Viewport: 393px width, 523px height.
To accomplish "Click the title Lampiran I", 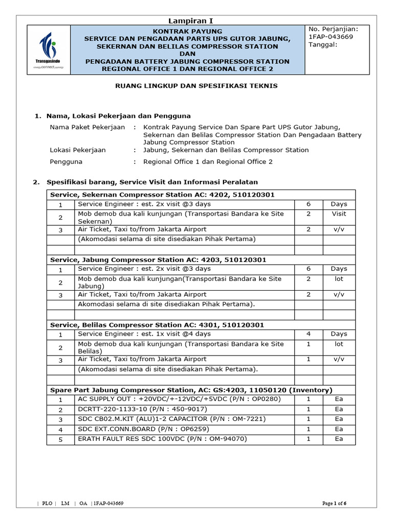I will click(190, 20).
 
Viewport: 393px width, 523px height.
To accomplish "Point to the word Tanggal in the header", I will click(322, 45).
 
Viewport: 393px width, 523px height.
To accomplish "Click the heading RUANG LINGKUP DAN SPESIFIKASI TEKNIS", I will click(195, 86).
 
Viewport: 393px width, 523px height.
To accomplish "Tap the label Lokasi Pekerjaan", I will click(78, 150).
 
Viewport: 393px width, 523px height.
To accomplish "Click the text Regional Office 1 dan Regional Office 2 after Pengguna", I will click(208, 162).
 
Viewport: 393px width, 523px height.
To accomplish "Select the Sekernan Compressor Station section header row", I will click(162, 195).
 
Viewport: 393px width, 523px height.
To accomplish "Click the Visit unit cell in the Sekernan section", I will click(338, 214).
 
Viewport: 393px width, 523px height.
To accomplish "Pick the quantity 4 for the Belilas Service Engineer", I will click(309, 334).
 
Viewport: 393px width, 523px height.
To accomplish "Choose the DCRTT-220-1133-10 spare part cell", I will click(142, 409).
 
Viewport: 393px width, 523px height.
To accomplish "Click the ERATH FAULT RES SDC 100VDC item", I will click(162, 439).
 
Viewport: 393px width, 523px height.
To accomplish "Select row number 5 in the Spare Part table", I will click(60, 439).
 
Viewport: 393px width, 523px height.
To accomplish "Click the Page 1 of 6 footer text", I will click(335, 503).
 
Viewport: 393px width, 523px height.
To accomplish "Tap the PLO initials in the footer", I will click(48, 503).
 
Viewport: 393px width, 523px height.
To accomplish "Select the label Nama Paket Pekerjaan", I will click(87, 127).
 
